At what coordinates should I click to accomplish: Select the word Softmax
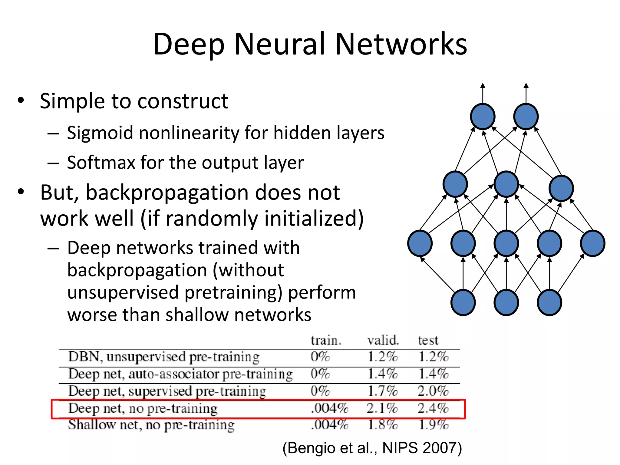(101, 163)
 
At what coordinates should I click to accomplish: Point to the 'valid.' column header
(383, 340)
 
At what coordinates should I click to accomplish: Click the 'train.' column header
(326, 341)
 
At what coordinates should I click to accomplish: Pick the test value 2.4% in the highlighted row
(433, 408)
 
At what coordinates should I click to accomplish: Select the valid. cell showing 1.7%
(382, 391)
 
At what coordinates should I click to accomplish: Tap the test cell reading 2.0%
(433, 391)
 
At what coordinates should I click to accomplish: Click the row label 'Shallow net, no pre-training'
(151, 425)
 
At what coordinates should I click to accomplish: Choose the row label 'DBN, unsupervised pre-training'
(164, 357)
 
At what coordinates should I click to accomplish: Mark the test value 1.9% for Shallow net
(433, 425)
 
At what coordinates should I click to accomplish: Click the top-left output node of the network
(483, 117)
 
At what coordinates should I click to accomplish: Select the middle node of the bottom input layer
(506, 302)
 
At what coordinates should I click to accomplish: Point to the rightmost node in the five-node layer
(592, 243)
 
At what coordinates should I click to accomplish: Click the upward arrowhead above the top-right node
(526, 86)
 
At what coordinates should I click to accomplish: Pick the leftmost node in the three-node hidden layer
(455, 184)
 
